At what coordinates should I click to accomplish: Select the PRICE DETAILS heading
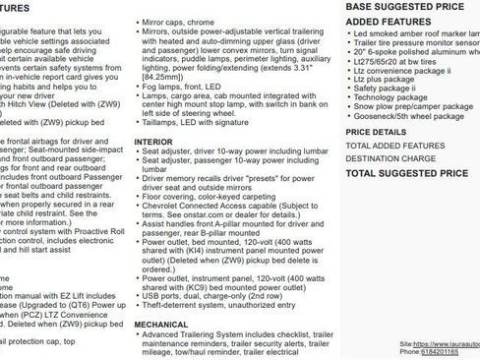point(376,131)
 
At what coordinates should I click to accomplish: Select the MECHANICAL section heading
point(161,323)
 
